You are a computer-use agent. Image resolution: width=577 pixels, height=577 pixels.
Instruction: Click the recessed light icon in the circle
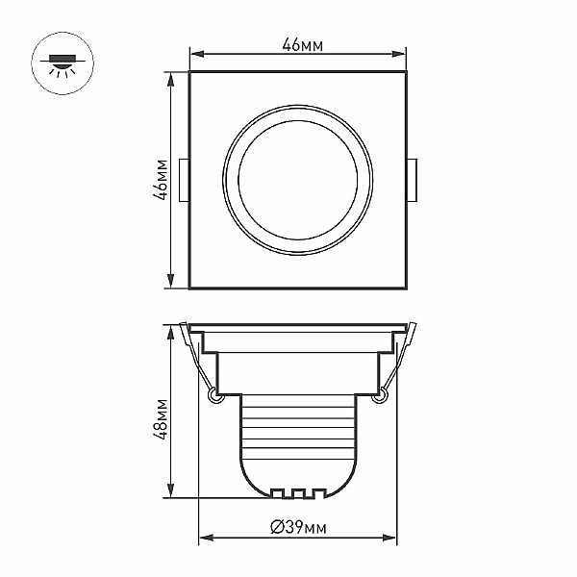tap(63, 64)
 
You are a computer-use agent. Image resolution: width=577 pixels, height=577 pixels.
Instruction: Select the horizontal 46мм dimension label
tap(303, 45)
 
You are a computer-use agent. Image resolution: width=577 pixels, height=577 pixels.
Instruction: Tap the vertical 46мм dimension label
tap(162, 180)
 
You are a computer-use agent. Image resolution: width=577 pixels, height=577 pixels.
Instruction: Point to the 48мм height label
tap(161, 419)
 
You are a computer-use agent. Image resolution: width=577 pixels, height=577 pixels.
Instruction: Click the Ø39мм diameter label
tap(298, 527)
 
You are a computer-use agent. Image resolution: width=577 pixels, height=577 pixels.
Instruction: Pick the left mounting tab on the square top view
tap(184, 181)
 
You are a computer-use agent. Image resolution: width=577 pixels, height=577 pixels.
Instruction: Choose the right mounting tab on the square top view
tap(412, 181)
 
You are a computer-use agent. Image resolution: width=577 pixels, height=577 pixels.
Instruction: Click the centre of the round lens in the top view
tap(298, 181)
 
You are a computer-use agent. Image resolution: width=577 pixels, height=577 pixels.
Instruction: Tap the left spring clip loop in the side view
tap(213, 396)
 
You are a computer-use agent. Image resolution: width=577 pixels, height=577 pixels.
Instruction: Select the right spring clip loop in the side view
tap(380, 396)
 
